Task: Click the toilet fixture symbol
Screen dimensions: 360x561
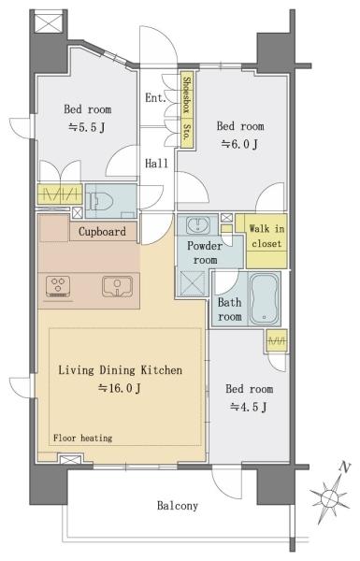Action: (101, 201)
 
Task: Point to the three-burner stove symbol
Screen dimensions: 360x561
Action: (58, 286)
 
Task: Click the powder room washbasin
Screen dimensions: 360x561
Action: (197, 225)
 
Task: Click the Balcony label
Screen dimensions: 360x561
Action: (178, 506)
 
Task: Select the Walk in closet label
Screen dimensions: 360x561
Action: (266, 237)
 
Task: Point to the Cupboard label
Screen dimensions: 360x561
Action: (102, 232)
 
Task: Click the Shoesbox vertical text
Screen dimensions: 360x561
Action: (186, 95)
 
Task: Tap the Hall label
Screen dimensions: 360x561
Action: (156, 164)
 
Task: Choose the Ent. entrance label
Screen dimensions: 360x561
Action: (155, 97)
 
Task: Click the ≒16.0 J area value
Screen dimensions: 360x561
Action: (120, 388)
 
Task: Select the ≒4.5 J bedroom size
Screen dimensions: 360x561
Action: (249, 407)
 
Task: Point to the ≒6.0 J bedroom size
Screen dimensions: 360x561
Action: (239, 144)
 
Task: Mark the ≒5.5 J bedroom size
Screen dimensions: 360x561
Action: (87, 127)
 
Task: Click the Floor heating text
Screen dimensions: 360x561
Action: (82, 438)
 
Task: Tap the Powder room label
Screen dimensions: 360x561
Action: (205, 252)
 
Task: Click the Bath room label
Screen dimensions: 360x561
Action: (230, 309)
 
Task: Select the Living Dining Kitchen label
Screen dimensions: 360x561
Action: (121, 370)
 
